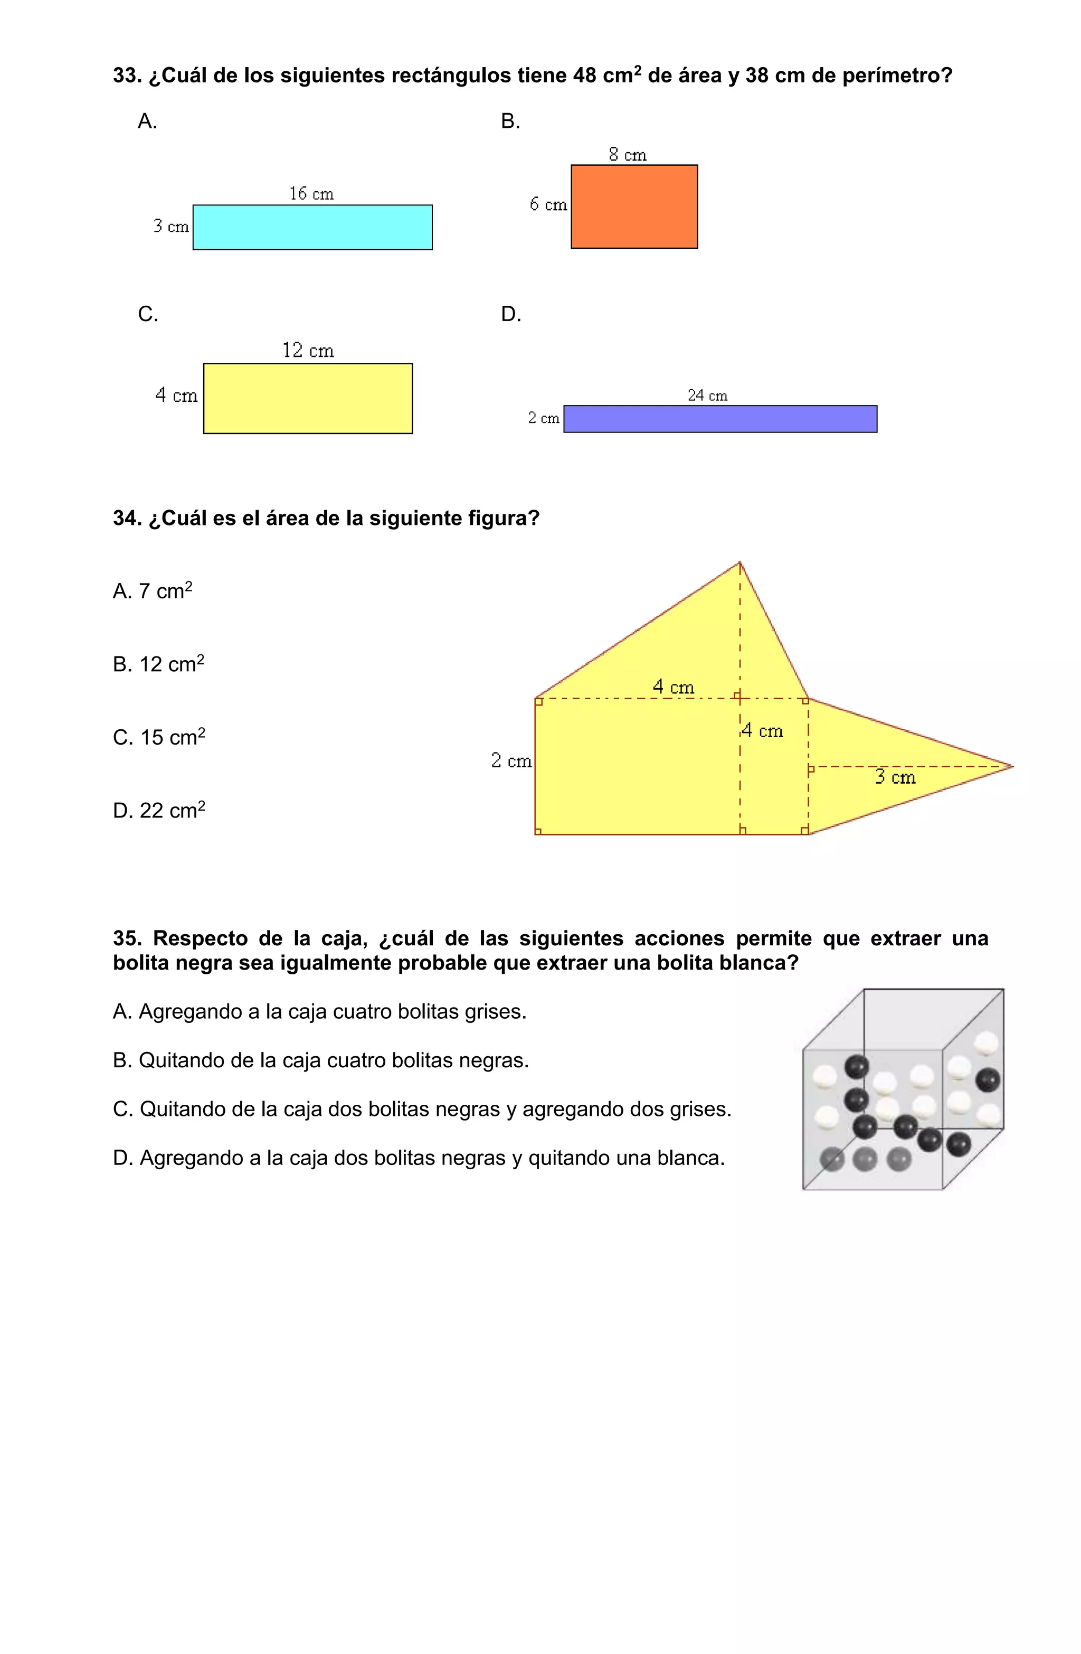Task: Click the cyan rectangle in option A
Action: pyautogui.click(x=312, y=227)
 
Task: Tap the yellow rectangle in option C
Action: pyautogui.click(x=308, y=398)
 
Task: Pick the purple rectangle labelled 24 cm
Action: pyautogui.click(x=720, y=419)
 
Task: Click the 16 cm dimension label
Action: pyautogui.click(x=311, y=194)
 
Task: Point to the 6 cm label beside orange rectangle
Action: pyautogui.click(x=548, y=204)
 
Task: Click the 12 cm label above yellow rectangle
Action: pyautogui.click(x=308, y=350)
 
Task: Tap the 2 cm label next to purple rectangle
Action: pyautogui.click(x=543, y=418)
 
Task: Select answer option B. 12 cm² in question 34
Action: pyautogui.click(x=158, y=664)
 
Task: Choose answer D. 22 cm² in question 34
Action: pyautogui.click(x=159, y=810)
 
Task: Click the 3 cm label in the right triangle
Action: pyautogui.click(x=895, y=777)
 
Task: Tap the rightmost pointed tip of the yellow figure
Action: pyautogui.click(x=1011, y=767)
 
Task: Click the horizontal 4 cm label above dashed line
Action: pyautogui.click(x=673, y=687)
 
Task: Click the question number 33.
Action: pyautogui.click(x=127, y=75)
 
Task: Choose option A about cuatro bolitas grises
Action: pyautogui.click(x=319, y=1012)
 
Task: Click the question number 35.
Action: pyautogui.click(x=127, y=938)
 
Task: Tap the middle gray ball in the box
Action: pyautogui.click(x=865, y=1159)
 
